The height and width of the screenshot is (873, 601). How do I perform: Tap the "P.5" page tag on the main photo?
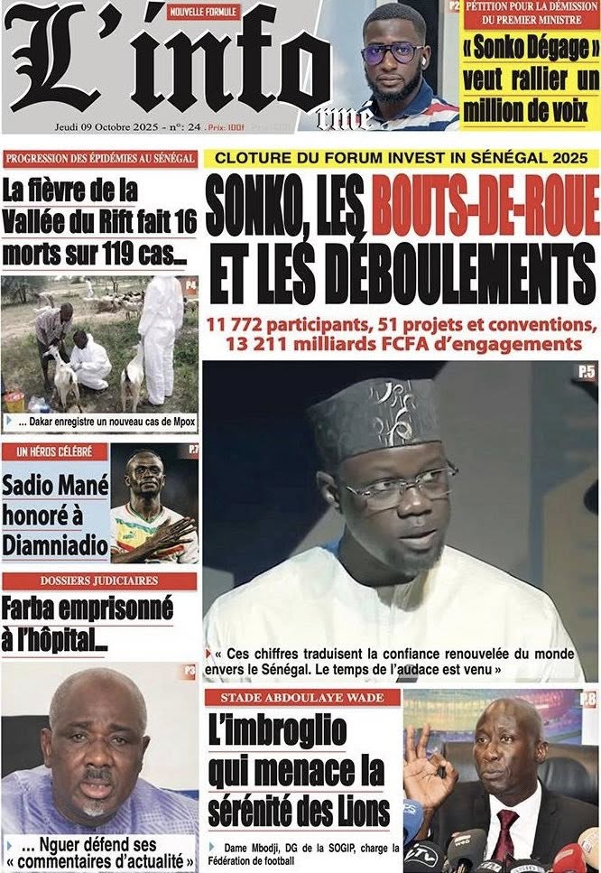(x=586, y=371)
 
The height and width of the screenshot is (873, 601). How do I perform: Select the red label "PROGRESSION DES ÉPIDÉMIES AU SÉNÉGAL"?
(x=100, y=159)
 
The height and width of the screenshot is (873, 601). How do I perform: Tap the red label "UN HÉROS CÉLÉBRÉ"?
(x=54, y=450)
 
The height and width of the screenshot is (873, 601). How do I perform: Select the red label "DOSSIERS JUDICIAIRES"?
(x=99, y=580)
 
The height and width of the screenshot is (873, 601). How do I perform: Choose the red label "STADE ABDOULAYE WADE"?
(x=302, y=697)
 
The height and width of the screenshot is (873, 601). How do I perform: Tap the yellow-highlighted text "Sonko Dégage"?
(x=531, y=47)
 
